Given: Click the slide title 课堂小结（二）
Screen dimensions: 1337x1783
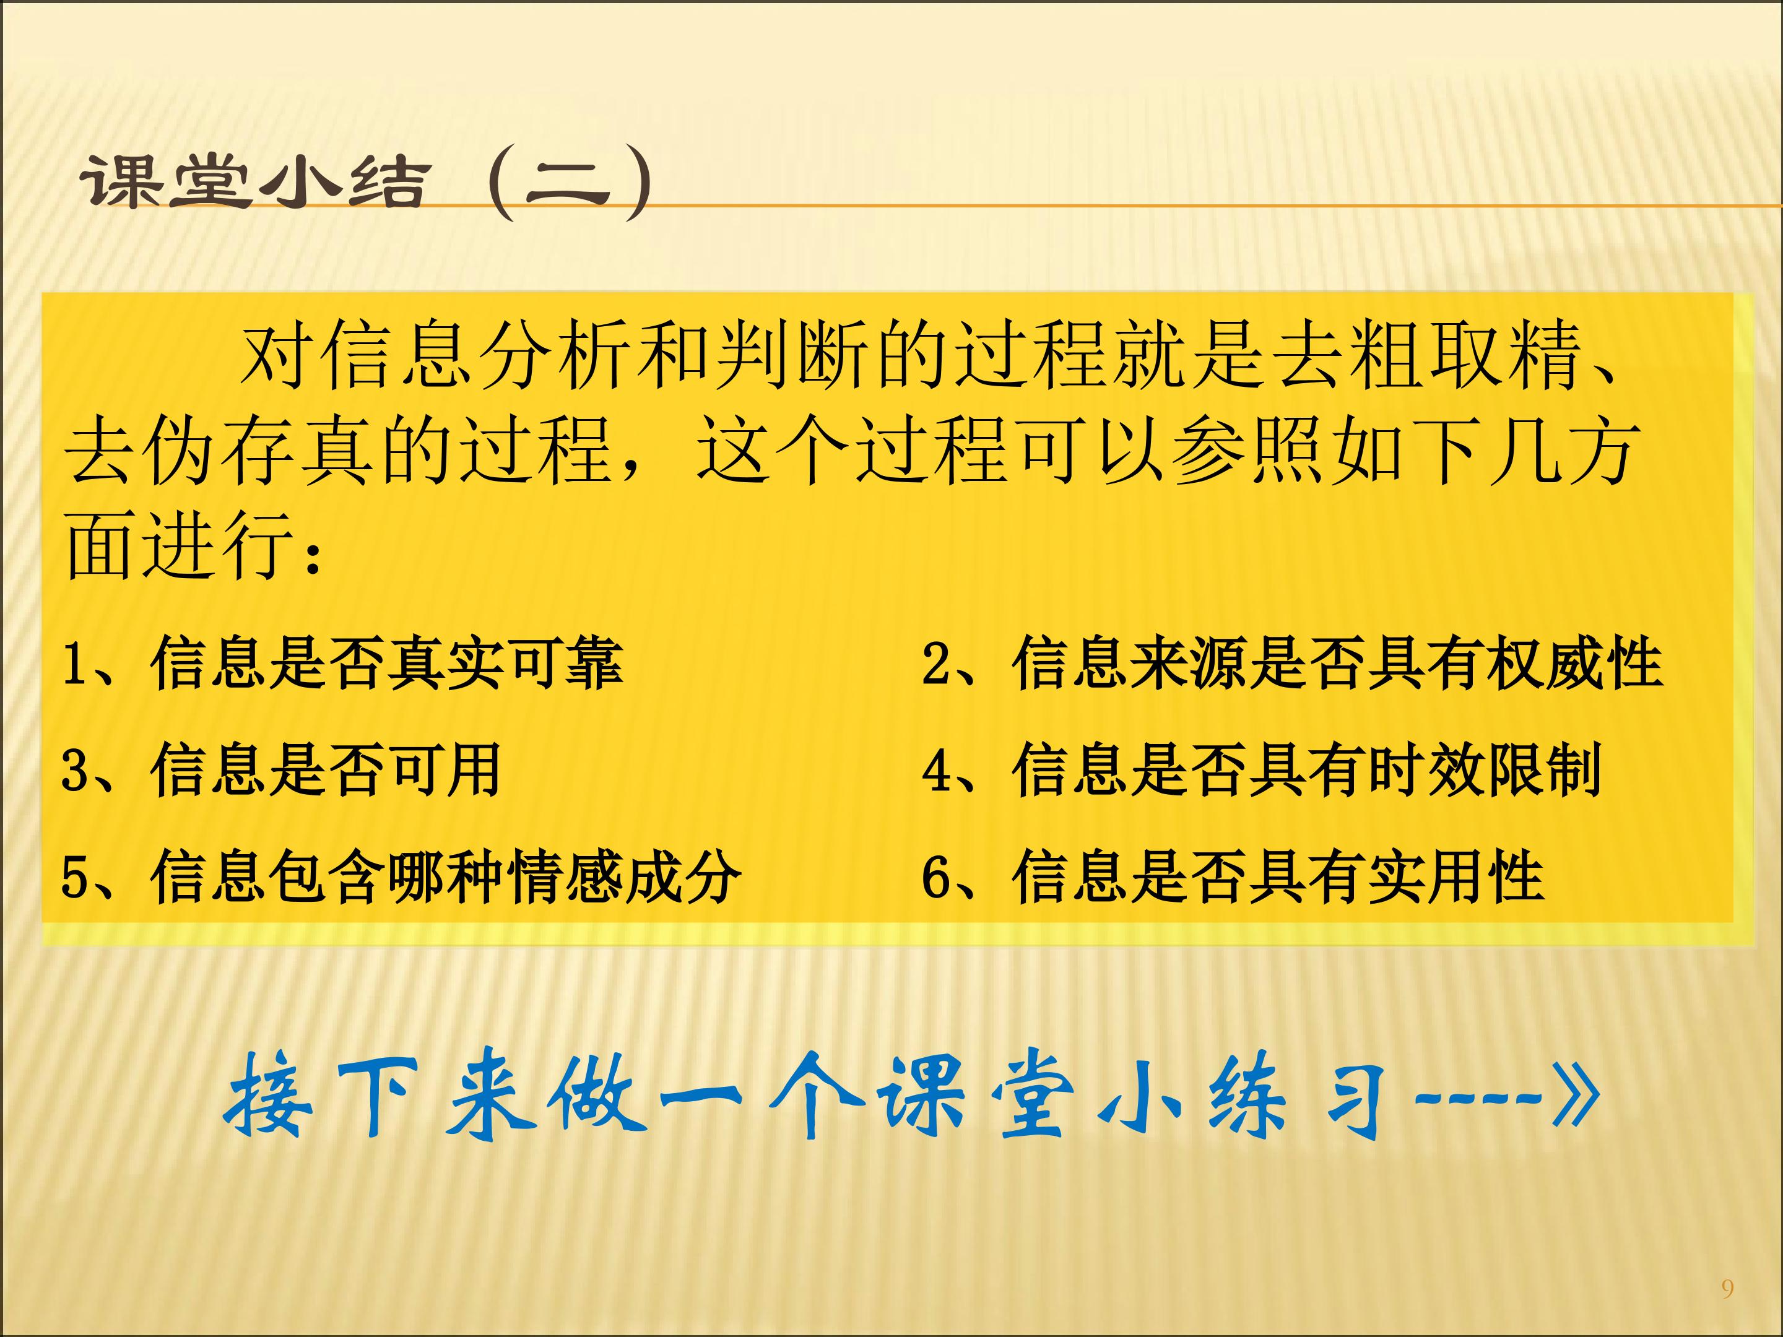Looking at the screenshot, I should [367, 184].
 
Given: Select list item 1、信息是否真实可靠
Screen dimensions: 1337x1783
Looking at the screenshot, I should [342, 664].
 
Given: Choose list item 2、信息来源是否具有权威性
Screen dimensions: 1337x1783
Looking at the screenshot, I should [1292, 664].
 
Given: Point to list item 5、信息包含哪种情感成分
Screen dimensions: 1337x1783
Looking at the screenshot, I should [401, 876].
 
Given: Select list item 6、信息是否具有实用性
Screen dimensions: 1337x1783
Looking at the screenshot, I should [1233, 876].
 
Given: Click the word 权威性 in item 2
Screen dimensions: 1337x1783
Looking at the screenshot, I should [1575, 664].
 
